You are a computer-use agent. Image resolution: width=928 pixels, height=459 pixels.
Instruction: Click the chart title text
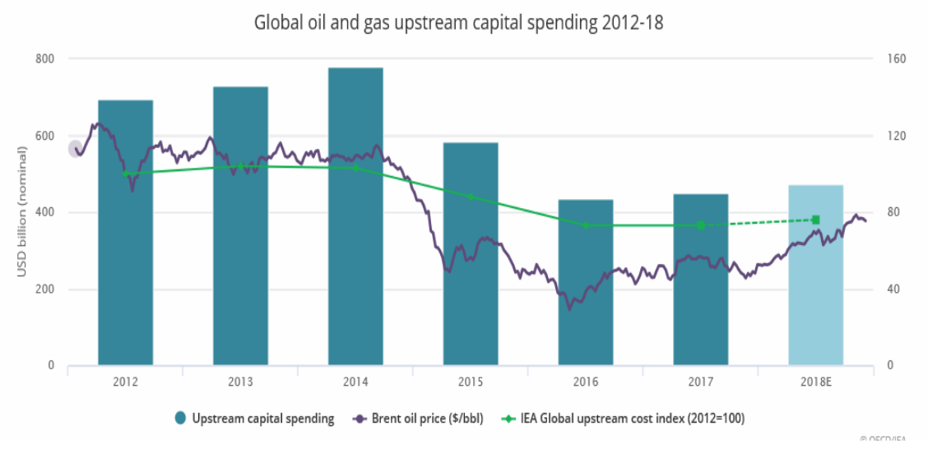(x=458, y=23)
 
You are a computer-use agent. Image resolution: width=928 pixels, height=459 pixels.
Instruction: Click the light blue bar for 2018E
(x=815, y=276)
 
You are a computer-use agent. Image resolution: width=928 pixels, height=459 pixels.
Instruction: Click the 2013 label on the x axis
(x=240, y=382)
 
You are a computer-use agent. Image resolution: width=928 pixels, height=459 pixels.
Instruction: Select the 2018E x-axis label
(x=815, y=382)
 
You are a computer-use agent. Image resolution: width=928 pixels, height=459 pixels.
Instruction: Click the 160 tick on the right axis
(x=896, y=59)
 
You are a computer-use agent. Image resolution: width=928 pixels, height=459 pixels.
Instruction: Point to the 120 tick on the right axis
(x=896, y=136)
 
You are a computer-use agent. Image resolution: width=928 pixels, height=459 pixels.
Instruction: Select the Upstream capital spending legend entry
(x=254, y=419)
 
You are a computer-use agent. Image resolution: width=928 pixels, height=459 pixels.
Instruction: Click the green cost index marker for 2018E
(x=815, y=220)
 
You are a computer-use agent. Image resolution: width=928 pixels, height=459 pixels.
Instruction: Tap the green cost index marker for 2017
(x=701, y=225)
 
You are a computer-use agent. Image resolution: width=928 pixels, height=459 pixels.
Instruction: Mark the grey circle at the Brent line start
(x=75, y=149)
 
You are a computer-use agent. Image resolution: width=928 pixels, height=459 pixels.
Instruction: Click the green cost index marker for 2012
(x=125, y=174)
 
